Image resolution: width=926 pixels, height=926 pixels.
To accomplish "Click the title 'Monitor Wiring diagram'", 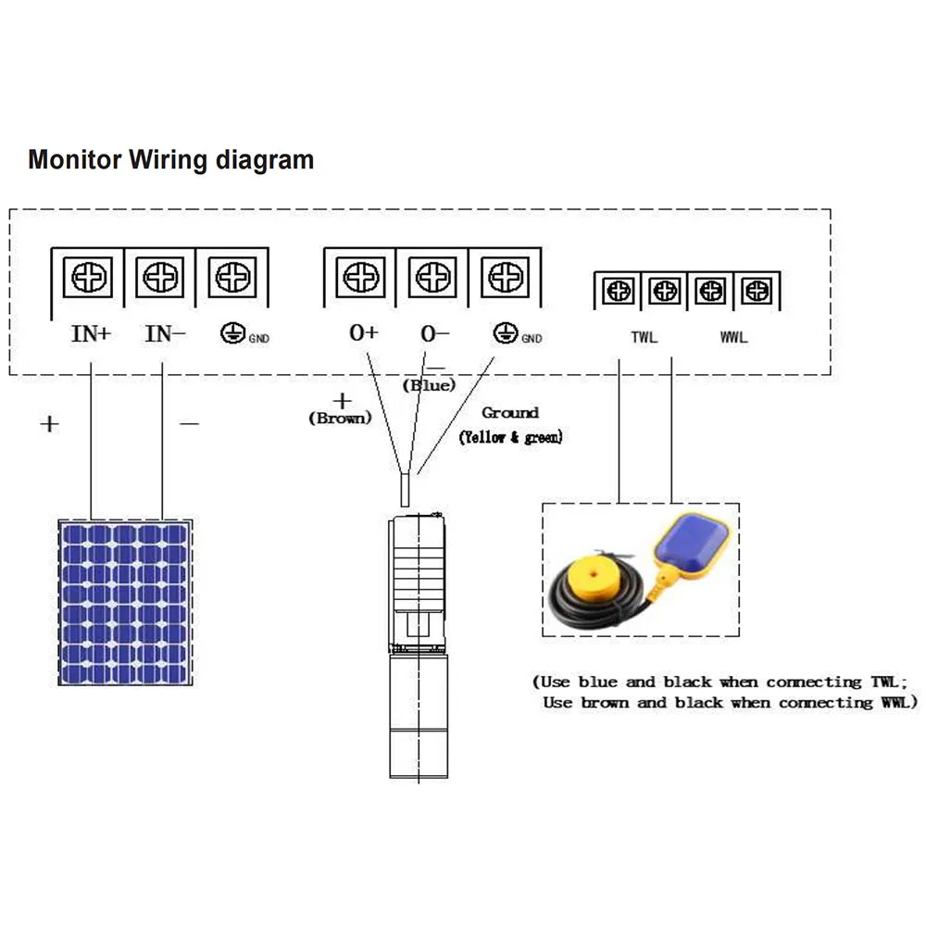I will tap(170, 159).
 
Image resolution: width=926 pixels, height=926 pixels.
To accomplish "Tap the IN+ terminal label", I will tap(91, 334).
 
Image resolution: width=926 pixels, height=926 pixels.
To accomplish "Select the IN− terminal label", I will tap(165, 334).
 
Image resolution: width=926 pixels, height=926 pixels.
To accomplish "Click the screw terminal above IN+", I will tap(92, 276).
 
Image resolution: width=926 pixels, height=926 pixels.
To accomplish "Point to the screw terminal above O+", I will tap(359, 276).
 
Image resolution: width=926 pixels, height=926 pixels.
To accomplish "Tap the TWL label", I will tap(644, 337).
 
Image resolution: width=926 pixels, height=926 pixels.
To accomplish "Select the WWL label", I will tap(733, 337).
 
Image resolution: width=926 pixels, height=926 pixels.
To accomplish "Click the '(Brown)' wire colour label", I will tap(340, 419).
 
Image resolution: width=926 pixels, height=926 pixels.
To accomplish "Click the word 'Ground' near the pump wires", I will tap(509, 413).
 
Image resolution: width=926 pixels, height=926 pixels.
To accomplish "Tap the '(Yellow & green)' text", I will tap(510, 437).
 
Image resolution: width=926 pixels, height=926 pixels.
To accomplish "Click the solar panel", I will tap(126, 602).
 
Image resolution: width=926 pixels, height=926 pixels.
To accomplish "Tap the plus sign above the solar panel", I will tap(49, 424).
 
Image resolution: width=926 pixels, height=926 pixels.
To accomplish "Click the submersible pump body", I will tap(419, 648).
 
